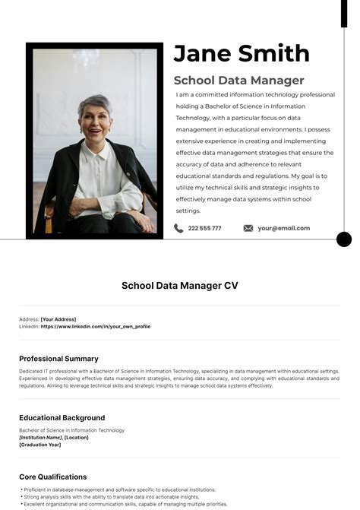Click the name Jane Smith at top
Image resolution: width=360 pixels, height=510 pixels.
tap(241, 53)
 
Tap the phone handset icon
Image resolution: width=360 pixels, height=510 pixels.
tap(178, 228)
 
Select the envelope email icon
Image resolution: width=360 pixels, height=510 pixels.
tap(248, 228)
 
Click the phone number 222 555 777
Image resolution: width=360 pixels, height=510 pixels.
tap(204, 228)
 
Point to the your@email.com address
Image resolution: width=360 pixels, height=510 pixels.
tap(283, 228)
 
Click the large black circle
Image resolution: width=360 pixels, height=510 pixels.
tap(344, 239)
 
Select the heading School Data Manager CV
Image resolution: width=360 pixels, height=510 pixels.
tap(180, 286)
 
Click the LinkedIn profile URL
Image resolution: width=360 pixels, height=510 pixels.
tap(95, 326)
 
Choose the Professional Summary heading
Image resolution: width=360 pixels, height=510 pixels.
tap(58, 358)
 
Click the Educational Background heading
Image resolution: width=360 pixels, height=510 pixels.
tap(62, 417)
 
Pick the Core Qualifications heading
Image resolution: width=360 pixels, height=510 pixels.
tap(52, 477)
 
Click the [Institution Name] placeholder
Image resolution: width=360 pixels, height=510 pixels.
tap(40, 437)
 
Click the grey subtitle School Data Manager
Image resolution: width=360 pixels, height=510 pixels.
tap(238, 80)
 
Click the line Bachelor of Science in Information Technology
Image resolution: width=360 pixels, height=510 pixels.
tap(71, 430)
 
